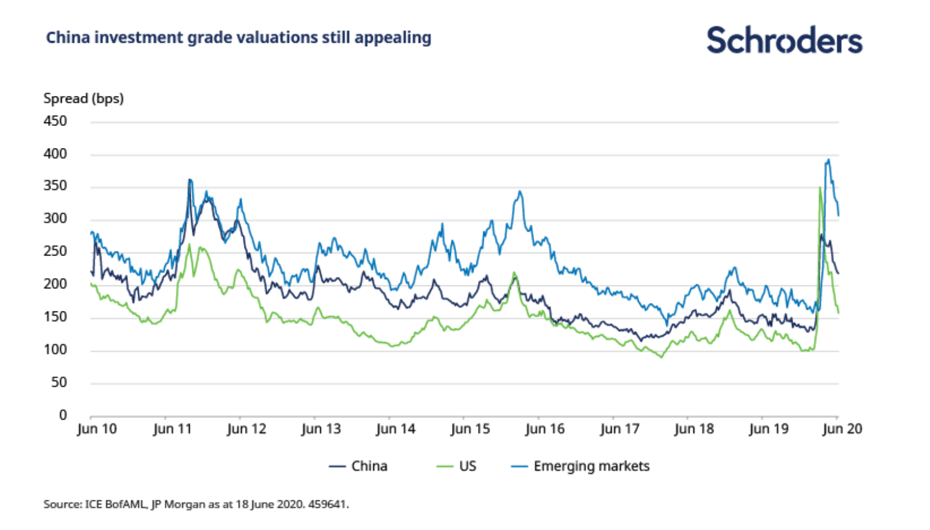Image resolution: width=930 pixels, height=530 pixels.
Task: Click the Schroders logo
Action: (x=784, y=40)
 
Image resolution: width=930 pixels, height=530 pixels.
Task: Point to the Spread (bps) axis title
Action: (x=83, y=99)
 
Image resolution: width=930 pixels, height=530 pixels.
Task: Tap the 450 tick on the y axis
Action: (x=55, y=121)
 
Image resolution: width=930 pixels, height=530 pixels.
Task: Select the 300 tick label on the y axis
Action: (x=55, y=219)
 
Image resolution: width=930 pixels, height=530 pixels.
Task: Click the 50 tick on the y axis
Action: (x=58, y=383)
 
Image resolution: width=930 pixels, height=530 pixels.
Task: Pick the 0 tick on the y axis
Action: (x=63, y=415)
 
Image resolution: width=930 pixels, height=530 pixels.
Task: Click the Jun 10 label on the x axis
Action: (x=97, y=429)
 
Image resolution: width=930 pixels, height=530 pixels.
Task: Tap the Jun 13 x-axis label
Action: (x=321, y=429)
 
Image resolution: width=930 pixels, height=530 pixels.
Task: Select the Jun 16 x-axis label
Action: (x=544, y=429)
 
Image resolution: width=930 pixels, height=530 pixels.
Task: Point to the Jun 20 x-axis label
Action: (x=842, y=429)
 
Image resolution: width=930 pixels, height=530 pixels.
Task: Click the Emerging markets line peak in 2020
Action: (x=828, y=160)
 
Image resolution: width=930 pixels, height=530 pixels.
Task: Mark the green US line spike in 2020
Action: (x=820, y=188)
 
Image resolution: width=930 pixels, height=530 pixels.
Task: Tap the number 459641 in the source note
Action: (x=328, y=505)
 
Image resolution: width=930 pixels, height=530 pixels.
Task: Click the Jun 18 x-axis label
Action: (x=694, y=429)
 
